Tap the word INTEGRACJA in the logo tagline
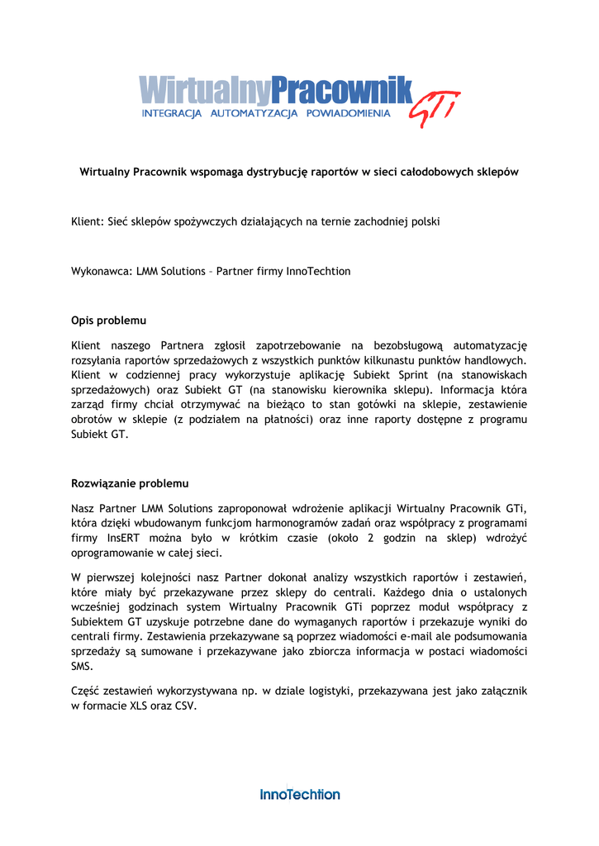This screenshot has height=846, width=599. (x=172, y=113)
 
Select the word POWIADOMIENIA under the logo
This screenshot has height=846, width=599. (x=348, y=113)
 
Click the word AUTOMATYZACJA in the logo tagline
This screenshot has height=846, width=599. (x=254, y=113)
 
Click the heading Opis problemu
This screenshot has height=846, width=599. (x=109, y=320)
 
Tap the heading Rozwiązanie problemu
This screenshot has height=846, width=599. (x=130, y=482)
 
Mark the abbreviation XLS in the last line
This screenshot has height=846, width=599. (x=140, y=706)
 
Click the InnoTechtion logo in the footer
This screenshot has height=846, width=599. (x=300, y=794)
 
